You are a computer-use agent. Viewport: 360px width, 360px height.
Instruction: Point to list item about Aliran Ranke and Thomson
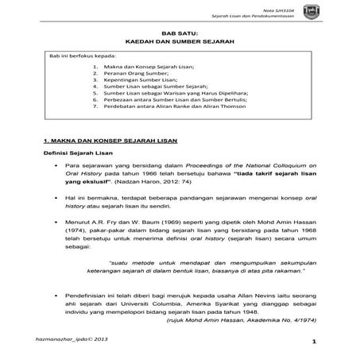click(176, 111)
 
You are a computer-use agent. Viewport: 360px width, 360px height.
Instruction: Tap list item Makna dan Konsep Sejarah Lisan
click(148, 68)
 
